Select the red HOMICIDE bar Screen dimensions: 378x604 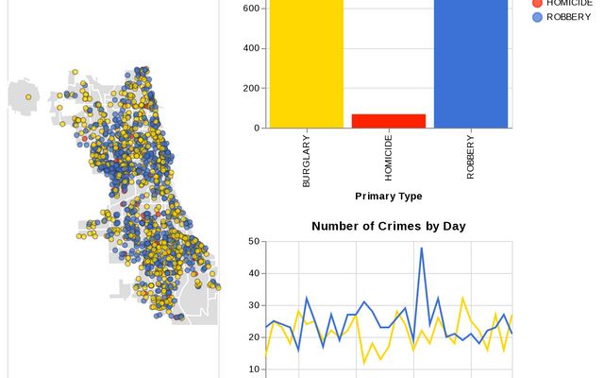pos(389,121)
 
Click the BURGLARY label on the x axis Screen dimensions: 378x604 pos(307,161)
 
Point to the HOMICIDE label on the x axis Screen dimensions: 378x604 pos(389,158)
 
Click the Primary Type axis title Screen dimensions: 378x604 pos(389,196)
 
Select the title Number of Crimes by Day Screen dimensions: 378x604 pos(389,226)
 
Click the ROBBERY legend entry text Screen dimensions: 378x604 pos(569,17)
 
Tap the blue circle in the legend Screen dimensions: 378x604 pos(538,17)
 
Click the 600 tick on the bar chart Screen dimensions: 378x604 pos(252,9)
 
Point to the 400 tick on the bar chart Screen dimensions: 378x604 pos(252,48)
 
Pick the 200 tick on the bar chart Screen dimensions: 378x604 pos(252,88)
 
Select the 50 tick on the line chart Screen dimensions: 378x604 pos(255,242)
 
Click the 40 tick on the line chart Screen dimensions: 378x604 pos(255,274)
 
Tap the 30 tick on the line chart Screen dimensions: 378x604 pos(255,305)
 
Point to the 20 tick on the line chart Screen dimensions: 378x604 pos(255,337)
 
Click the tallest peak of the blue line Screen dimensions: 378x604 pos(421,248)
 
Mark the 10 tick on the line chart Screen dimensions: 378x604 pos(255,369)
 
